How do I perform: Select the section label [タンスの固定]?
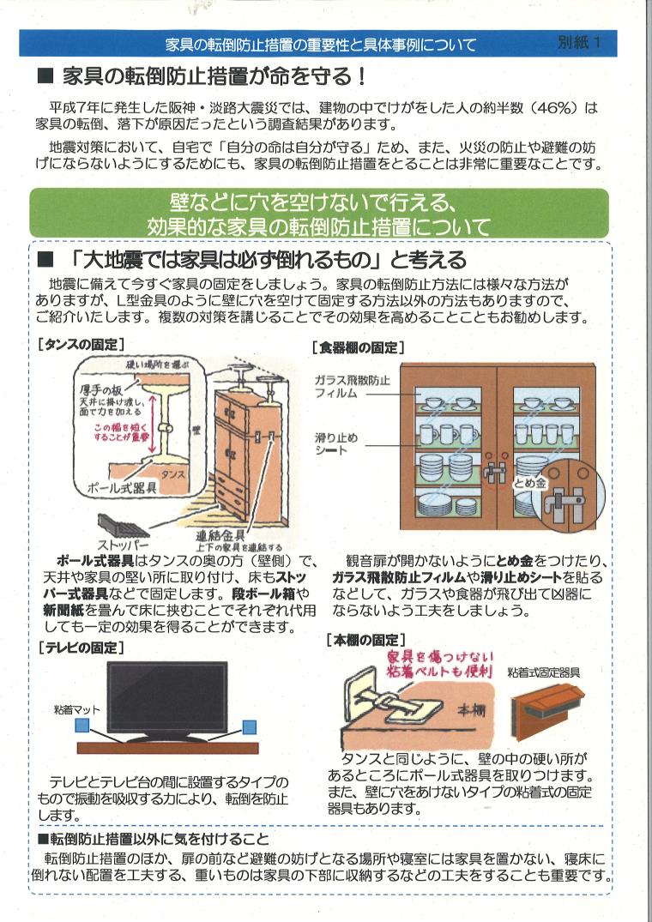pyautogui.click(x=81, y=343)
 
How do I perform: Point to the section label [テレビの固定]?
pyautogui.click(x=81, y=648)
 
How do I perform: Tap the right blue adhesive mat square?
pyautogui.click(x=250, y=727)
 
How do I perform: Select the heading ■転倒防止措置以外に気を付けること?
pyautogui.click(x=154, y=838)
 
